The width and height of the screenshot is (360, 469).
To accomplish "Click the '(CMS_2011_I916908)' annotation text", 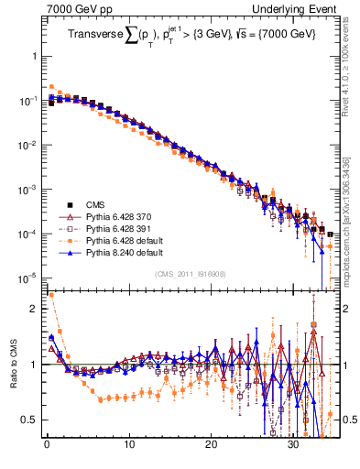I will [191, 274].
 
